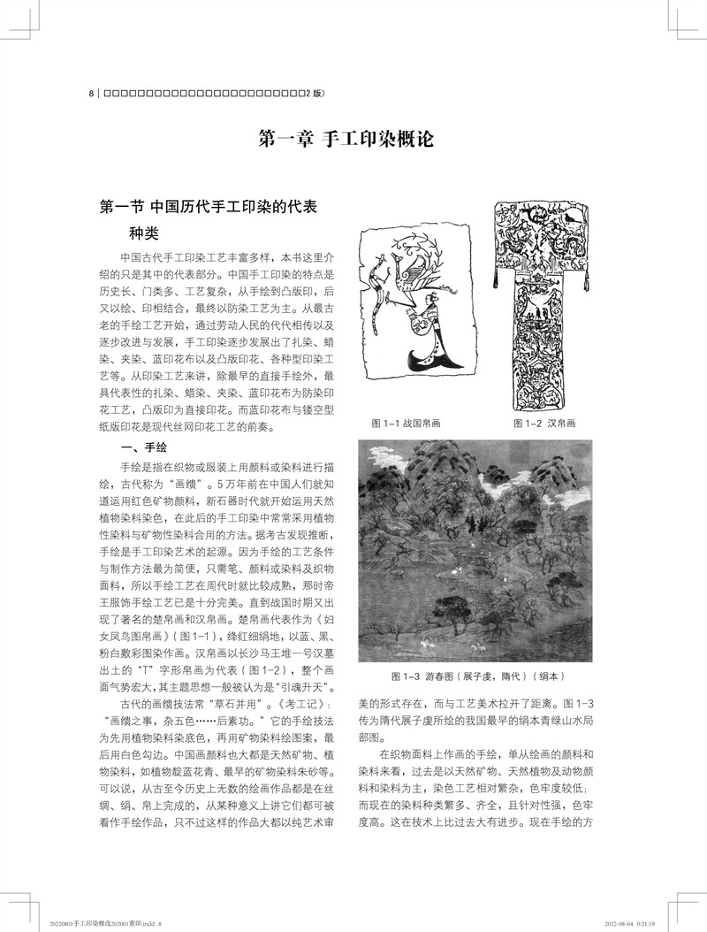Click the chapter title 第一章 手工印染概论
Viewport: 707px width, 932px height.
pos(353,140)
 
